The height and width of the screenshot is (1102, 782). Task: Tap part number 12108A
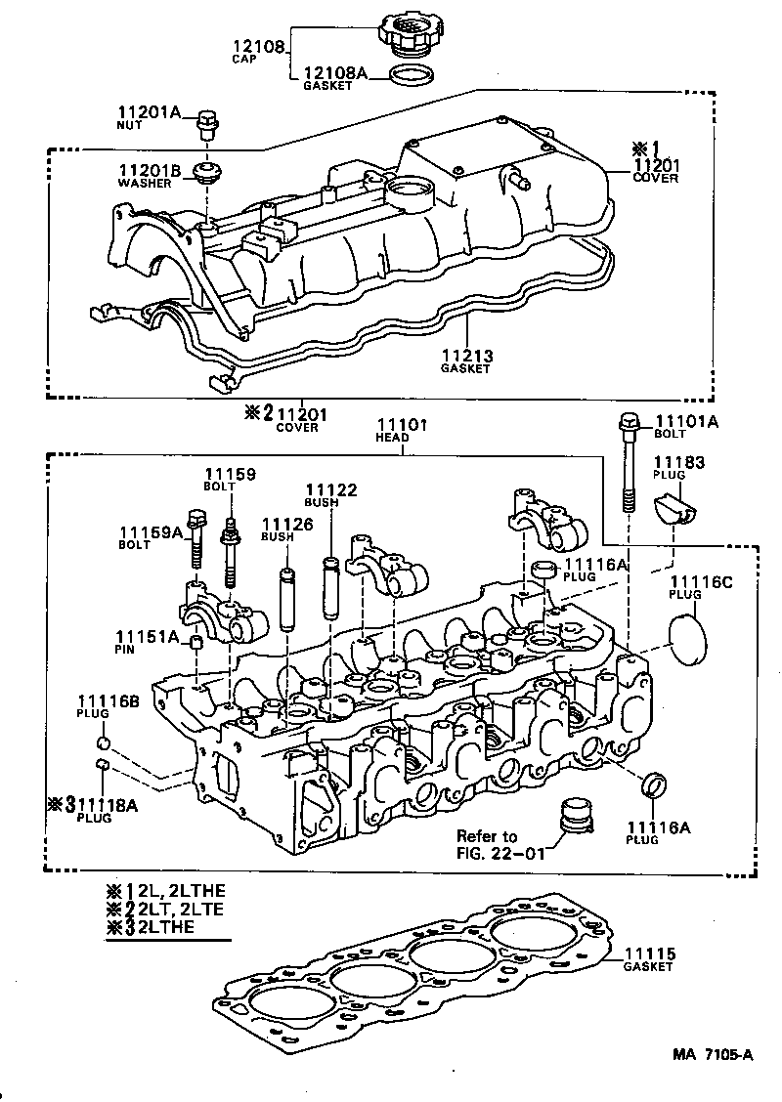[x=335, y=72]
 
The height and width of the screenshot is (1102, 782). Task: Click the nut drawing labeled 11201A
[x=206, y=125]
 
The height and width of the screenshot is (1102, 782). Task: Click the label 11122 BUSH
[x=330, y=494]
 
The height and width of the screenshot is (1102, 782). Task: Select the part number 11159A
[x=150, y=532]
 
